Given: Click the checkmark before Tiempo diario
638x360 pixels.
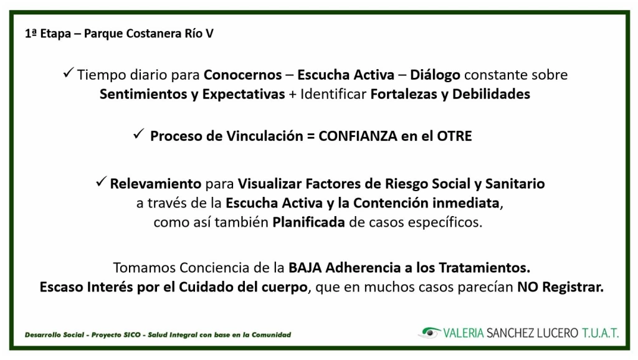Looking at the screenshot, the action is (x=69, y=73).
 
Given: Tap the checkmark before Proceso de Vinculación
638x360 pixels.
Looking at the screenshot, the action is (x=139, y=134).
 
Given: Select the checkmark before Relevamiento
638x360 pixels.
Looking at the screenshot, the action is (x=102, y=181).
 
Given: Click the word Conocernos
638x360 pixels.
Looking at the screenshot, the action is (x=242, y=75).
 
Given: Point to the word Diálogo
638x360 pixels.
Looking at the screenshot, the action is (x=435, y=75).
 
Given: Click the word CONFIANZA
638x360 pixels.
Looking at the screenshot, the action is (x=358, y=136).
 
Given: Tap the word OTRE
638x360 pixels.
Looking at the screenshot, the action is (x=454, y=136).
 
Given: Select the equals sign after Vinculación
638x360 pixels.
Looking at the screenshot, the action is (x=310, y=136).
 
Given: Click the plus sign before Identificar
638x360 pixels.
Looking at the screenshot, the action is (x=293, y=95).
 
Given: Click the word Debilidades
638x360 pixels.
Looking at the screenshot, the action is (x=491, y=95).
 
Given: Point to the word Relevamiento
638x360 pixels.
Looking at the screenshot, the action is (x=155, y=184).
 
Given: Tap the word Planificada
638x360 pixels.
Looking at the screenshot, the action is (x=308, y=222).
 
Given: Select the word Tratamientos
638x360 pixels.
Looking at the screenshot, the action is (x=484, y=268).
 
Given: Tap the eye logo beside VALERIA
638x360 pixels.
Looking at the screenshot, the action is (x=430, y=333).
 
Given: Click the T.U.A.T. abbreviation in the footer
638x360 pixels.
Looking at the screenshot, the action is (x=600, y=333).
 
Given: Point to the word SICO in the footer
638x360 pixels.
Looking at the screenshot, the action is (x=133, y=335).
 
